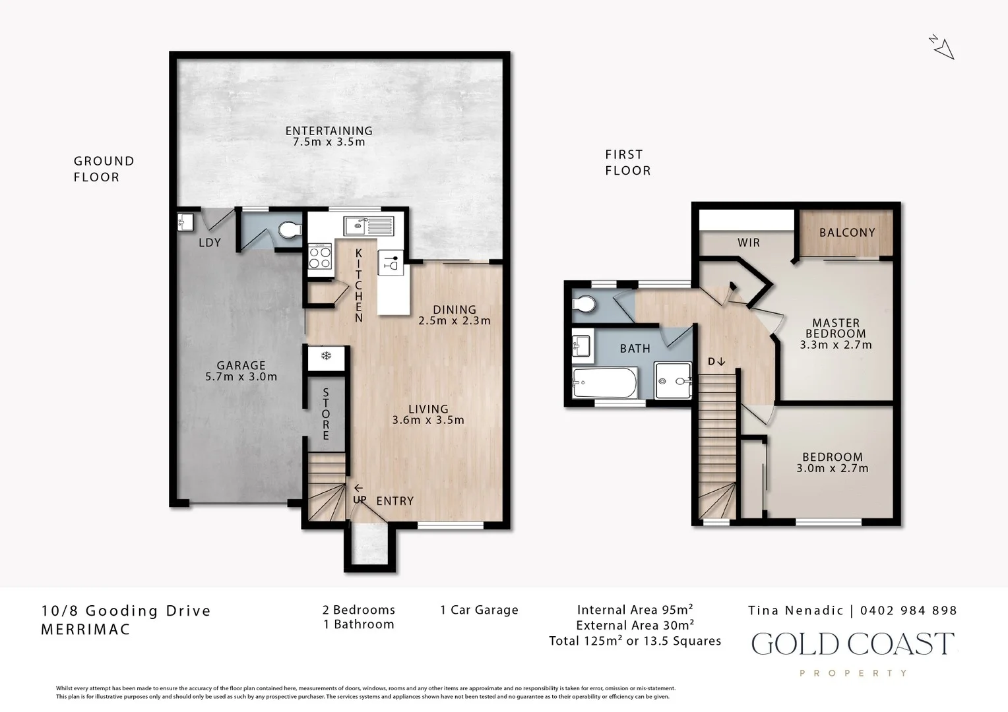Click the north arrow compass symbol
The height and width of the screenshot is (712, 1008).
tap(943, 47)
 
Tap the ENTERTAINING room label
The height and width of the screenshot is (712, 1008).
tap(329, 131)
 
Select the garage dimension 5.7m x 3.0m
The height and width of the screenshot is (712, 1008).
tap(241, 377)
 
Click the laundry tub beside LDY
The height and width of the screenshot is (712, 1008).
tap(184, 222)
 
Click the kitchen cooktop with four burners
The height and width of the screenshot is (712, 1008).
tap(320, 256)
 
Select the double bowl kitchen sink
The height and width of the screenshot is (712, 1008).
tap(368, 226)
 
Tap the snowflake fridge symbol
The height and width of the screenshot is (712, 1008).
tap(326, 357)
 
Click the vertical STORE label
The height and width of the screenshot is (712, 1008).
tap(326, 414)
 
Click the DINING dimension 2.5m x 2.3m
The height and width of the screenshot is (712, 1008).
tap(455, 321)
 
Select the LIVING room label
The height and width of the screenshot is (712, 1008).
tap(427, 409)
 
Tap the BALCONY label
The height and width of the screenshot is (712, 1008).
tap(847, 233)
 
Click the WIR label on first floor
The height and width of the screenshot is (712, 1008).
tap(748, 243)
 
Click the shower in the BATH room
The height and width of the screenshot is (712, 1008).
tap(674, 380)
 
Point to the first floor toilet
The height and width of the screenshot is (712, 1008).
tap(584, 305)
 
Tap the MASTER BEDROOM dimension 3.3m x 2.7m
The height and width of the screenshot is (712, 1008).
tap(836, 345)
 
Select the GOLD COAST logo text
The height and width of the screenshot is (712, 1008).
tap(852, 644)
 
